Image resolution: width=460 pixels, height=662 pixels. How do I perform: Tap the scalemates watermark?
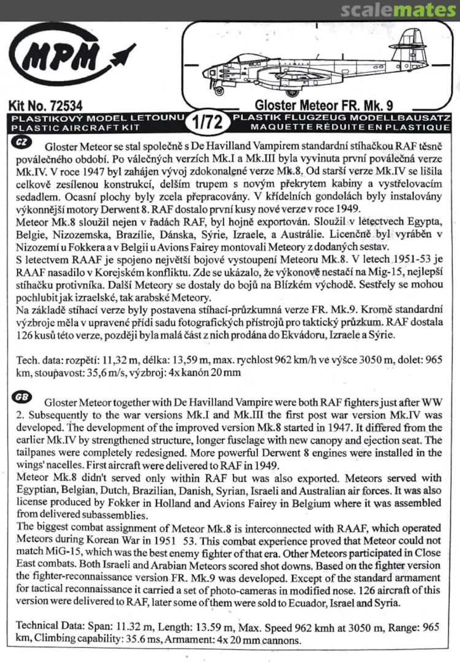[399, 10]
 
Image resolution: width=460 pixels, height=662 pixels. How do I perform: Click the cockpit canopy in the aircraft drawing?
[245, 59]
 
